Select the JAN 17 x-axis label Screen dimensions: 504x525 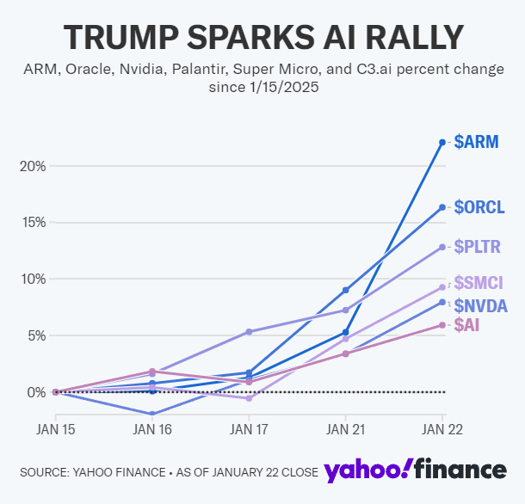click(x=248, y=427)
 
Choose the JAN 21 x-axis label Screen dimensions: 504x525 click(x=345, y=427)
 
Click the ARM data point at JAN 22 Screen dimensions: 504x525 click(x=442, y=142)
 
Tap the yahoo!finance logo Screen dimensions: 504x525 click(x=415, y=470)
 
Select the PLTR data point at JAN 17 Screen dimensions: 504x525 click(x=248, y=332)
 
